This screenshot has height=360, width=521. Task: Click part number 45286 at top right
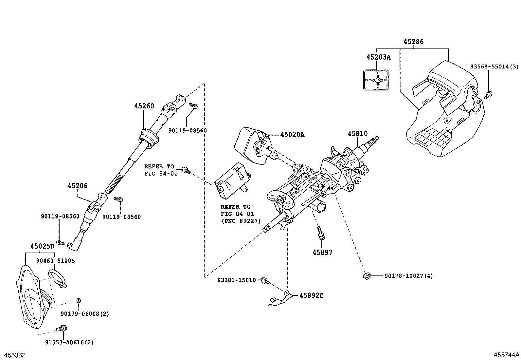[413, 42]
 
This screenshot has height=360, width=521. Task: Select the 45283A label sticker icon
[376, 80]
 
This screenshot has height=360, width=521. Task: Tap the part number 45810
[357, 134]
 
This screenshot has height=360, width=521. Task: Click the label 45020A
[292, 134]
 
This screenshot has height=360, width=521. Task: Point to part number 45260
[144, 106]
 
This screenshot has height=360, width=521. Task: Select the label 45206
[78, 186]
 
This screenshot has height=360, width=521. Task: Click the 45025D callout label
[42, 246]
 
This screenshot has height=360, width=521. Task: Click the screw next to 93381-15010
[266, 280]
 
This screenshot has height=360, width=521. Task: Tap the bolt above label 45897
[320, 232]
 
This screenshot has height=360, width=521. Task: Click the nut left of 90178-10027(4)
[366, 276]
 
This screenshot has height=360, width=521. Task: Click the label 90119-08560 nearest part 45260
[188, 130]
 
